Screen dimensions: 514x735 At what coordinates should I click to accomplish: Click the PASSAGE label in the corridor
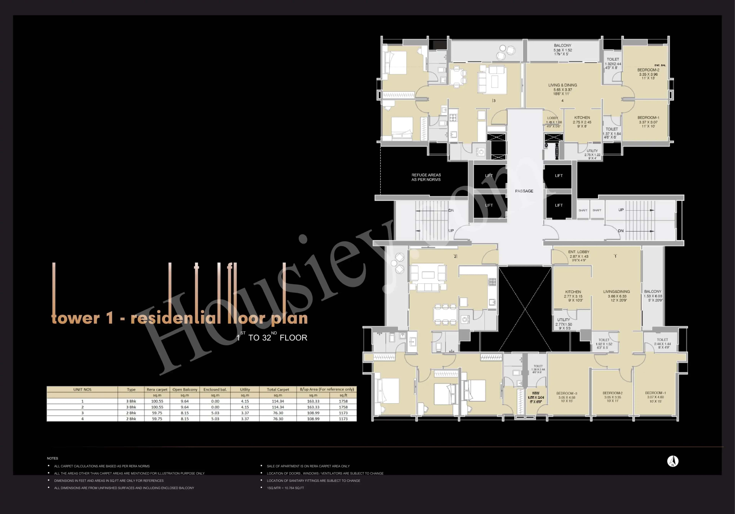tap(524, 191)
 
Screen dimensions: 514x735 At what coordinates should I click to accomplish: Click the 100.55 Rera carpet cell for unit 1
tap(157, 401)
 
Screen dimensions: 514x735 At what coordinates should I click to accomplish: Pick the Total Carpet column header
tap(278, 389)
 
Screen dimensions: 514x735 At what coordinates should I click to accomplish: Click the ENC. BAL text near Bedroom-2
tap(660, 65)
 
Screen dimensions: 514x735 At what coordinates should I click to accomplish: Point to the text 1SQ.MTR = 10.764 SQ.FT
tap(285, 488)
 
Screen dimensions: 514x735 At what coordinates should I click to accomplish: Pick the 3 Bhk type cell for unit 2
tap(131, 407)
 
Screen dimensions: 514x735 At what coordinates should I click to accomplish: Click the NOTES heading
tap(52, 458)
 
